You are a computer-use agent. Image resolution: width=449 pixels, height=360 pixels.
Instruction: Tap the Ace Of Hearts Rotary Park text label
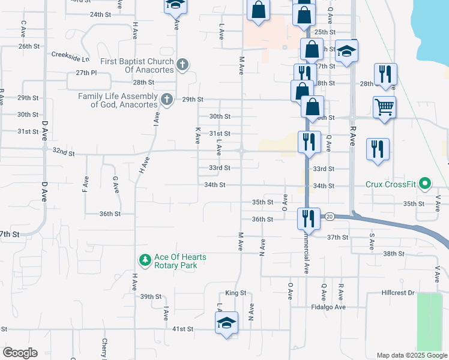point(180,261)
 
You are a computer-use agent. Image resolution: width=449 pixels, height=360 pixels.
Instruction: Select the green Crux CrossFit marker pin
point(425,183)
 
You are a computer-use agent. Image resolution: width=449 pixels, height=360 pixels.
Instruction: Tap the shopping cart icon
point(384,108)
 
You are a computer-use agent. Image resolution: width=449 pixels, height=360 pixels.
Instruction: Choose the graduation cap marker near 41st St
point(226,324)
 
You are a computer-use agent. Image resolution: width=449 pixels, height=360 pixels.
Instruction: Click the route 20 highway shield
point(330,216)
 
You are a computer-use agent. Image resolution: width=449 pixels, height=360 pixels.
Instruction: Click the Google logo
point(20,353)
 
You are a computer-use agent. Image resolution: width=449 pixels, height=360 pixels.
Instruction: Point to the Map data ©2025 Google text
point(411,355)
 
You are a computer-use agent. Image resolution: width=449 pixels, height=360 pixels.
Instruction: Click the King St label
point(236,293)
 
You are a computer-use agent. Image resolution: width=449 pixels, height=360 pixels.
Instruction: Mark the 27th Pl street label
point(86,73)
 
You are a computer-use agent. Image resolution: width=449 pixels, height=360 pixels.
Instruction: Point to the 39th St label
point(151,296)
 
